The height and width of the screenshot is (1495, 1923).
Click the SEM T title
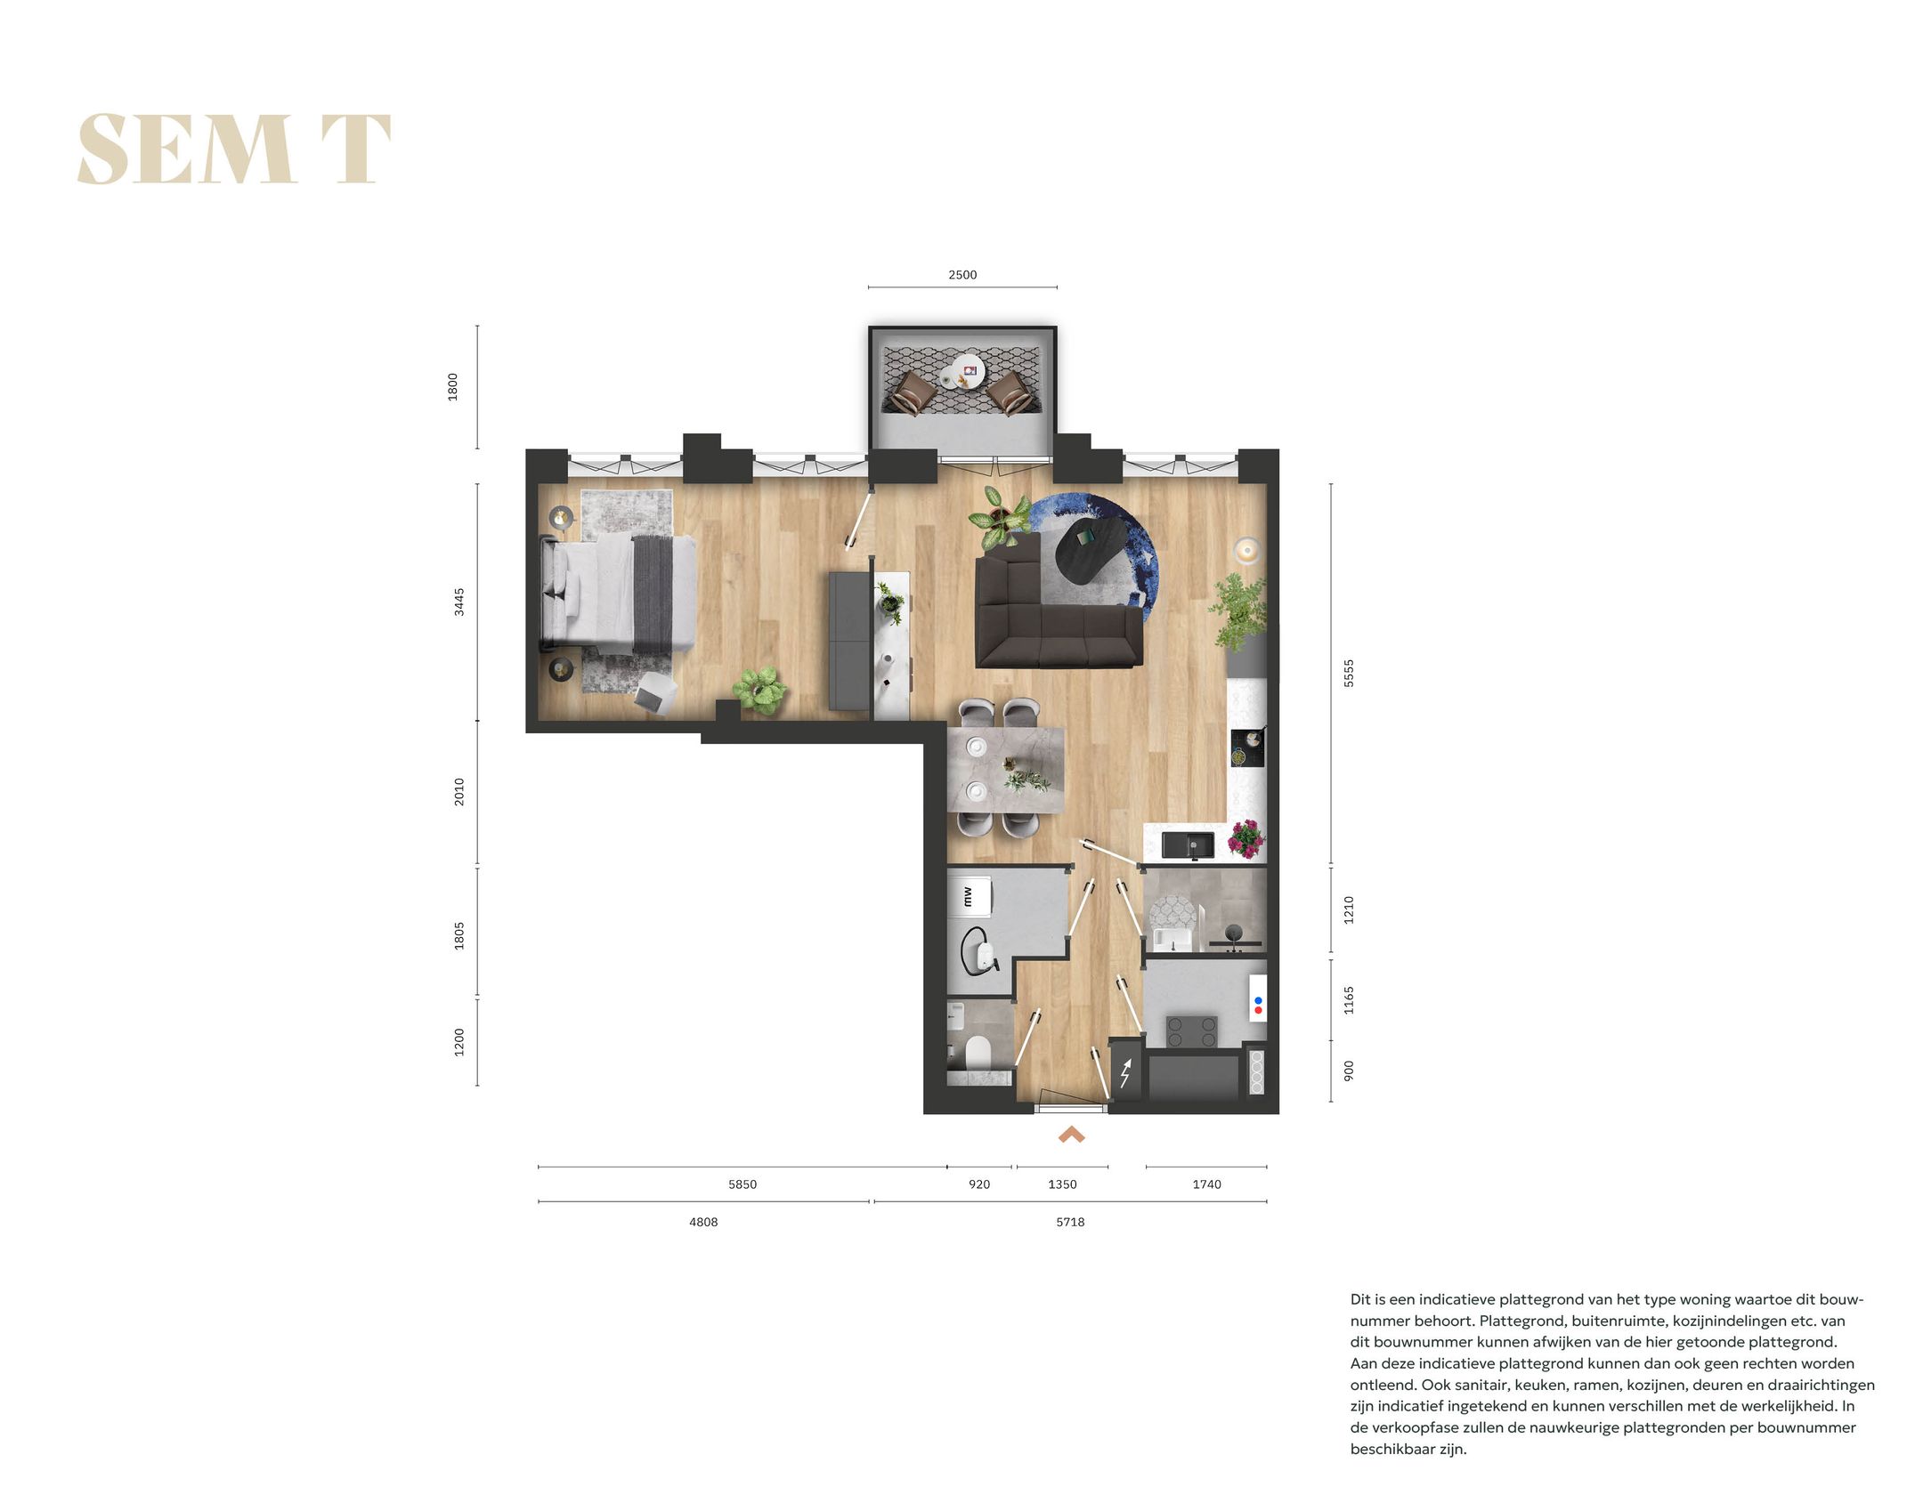click(x=234, y=149)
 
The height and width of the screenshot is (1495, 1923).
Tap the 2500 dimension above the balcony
click(x=961, y=275)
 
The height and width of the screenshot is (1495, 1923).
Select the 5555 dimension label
click(x=1348, y=673)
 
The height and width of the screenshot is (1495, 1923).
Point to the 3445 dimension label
click(x=459, y=602)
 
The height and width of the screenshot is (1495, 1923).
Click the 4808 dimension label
click(x=702, y=1222)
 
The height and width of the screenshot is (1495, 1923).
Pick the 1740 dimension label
click(x=1206, y=1184)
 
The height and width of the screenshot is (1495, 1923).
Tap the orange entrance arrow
click(x=1071, y=1135)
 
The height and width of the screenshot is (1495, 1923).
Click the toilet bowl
click(x=978, y=1053)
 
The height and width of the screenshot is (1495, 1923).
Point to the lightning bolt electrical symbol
click(x=1125, y=1073)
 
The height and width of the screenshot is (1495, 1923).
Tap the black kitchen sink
click(x=1187, y=844)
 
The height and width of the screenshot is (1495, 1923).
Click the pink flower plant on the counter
click(x=1245, y=838)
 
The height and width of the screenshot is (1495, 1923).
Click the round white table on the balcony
click(x=966, y=372)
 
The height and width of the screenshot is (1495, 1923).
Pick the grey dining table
click(x=1006, y=770)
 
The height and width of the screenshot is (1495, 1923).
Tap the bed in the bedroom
click(x=619, y=592)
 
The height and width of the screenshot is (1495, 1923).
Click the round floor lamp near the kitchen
click(x=1247, y=550)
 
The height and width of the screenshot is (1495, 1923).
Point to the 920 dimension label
click(x=978, y=1184)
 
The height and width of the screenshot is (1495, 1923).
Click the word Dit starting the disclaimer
click(x=1360, y=1299)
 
